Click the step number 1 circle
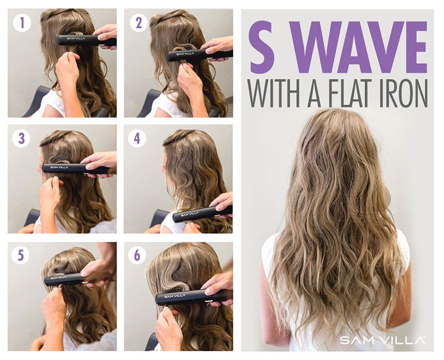click(x=22, y=22)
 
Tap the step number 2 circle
click(x=138, y=22)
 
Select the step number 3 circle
click(x=21, y=138)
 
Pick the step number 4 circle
click(x=137, y=138)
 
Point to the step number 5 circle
click(x=21, y=255)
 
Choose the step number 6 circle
click(x=137, y=255)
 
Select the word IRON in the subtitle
click(x=410, y=94)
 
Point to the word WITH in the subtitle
click(x=274, y=94)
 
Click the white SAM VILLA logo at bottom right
click(x=382, y=340)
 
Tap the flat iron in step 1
click(x=87, y=40)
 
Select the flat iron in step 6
click(x=194, y=297)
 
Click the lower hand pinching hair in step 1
click(x=67, y=67)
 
